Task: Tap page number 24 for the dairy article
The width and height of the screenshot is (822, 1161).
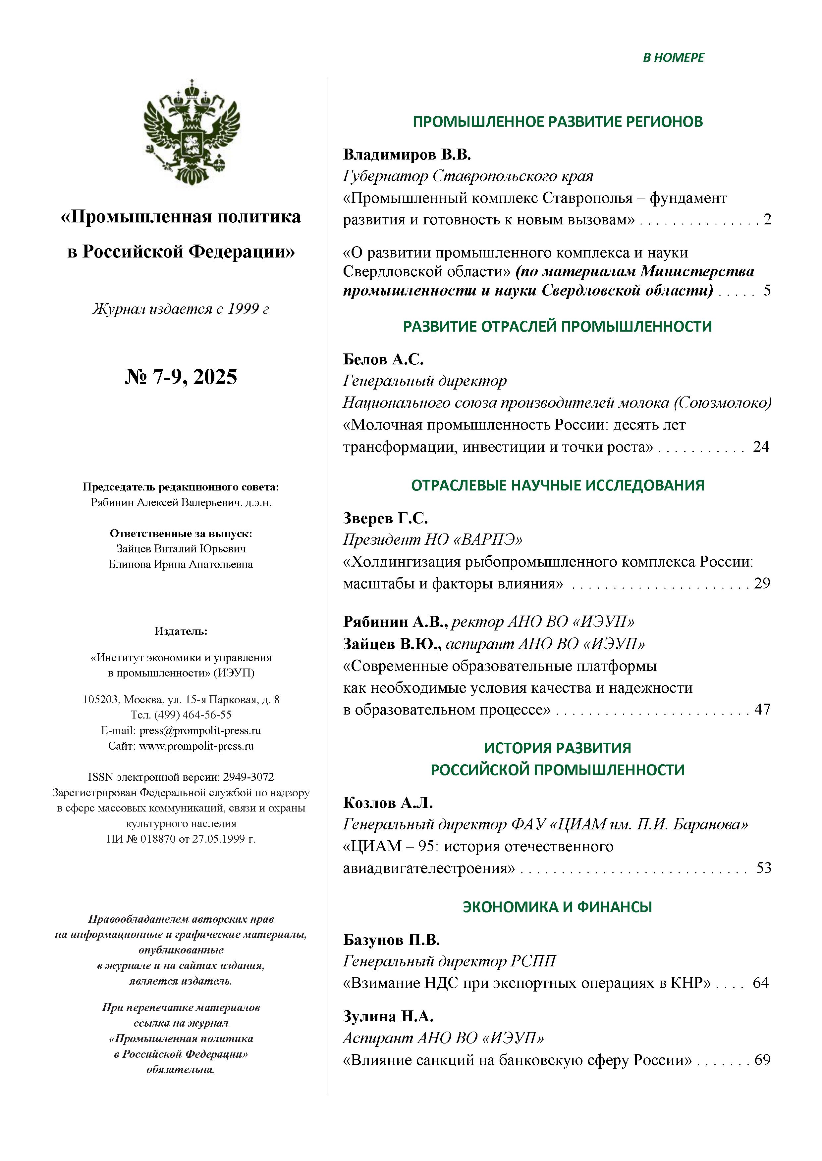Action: pyautogui.click(x=760, y=446)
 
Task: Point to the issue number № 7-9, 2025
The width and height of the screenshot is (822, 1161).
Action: pyautogui.click(x=181, y=377)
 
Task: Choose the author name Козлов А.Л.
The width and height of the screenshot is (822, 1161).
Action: pyautogui.click(x=388, y=803)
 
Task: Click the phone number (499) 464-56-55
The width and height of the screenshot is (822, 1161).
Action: pyautogui.click(x=195, y=715)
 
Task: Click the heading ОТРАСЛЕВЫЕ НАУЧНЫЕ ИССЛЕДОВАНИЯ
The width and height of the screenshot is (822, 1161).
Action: pyautogui.click(x=557, y=486)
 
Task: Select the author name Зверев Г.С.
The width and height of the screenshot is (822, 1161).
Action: pyautogui.click(x=385, y=518)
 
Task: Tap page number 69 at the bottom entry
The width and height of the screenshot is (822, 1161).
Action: pyautogui.click(x=762, y=1059)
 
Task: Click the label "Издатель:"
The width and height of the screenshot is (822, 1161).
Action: pyautogui.click(x=181, y=631)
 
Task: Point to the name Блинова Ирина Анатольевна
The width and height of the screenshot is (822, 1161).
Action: pyautogui.click(x=181, y=564)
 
